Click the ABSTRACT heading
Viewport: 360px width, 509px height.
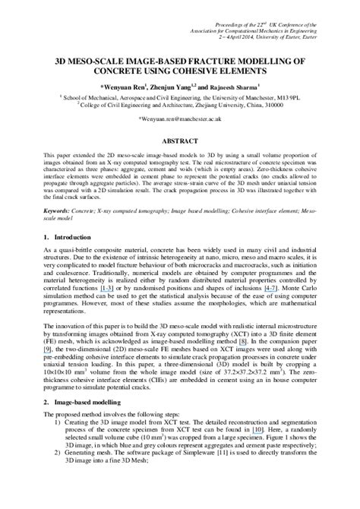pos(180,141)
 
